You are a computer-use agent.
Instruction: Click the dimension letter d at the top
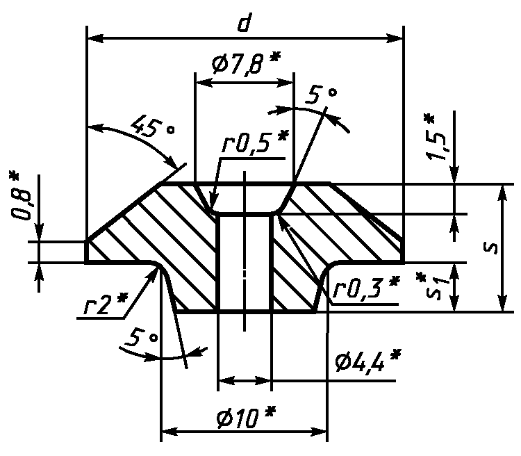click(x=245, y=23)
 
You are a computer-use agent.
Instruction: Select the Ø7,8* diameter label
click(x=247, y=62)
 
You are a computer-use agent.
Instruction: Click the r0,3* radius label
click(x=366, y=287)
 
